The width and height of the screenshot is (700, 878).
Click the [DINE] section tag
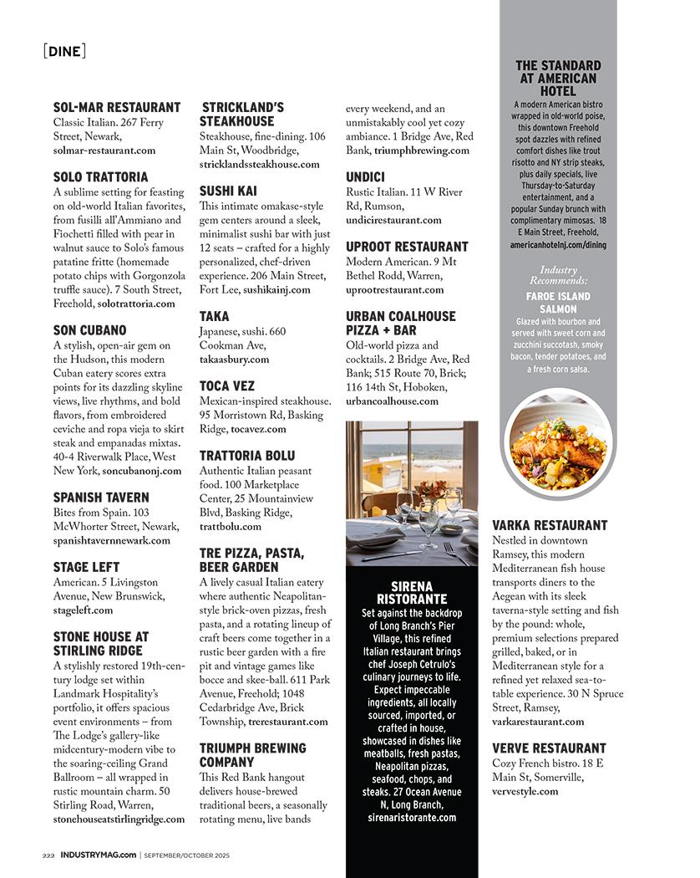[x=63, y=51]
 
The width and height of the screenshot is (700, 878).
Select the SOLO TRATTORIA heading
[x=100, y=177]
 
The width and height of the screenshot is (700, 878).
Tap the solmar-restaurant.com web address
[x=104, y=151]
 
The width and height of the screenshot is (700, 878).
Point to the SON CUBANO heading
[x=89, y=330]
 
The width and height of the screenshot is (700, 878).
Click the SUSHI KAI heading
[x=228, y=191]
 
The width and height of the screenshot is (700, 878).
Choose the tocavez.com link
[x=258, y=429]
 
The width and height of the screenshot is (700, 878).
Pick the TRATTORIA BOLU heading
[x=247, y=456]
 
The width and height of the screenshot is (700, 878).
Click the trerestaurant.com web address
[x=288, y=721]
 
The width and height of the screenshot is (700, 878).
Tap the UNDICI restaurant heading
[x=365, y=177]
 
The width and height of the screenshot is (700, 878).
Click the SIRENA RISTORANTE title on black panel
[x=412, y=593]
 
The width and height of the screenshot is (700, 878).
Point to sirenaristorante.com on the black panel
[x=412, y=817]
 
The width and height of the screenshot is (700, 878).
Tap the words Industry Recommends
[x=558, y=275]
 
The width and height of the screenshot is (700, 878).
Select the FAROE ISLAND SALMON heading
[x=558, y=303]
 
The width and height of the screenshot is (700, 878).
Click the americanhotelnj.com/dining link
[x=558, y=245]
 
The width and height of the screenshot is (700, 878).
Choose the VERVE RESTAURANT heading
[x=549, y=748]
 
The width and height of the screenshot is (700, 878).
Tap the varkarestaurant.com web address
[x=538, y=721]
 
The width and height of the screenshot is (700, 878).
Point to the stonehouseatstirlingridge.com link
[x=119, y=819]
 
